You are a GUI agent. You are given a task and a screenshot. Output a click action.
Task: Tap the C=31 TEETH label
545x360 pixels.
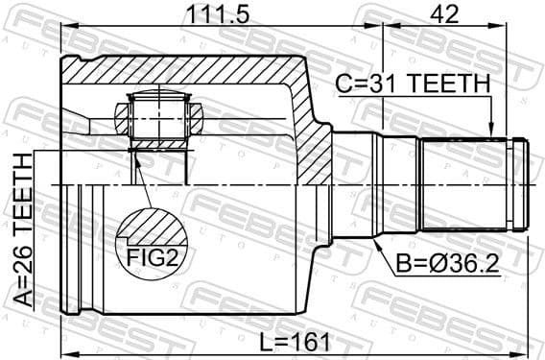(413, 84)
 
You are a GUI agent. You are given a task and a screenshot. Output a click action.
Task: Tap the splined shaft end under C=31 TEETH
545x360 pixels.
(470, 182)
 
